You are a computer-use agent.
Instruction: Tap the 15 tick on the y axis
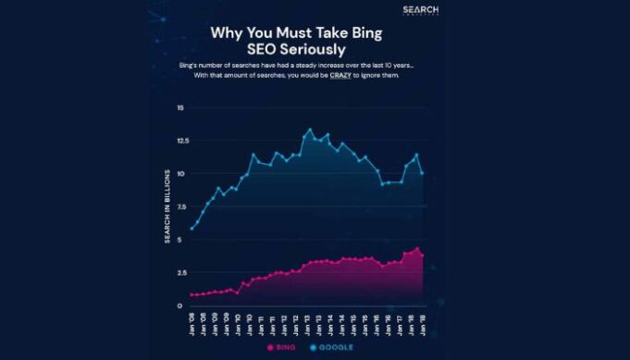pos(180,108)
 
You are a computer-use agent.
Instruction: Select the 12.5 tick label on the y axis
pos(179,141)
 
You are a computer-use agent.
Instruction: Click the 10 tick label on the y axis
pos(180,174)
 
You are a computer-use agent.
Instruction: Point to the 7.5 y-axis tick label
pos(179,206)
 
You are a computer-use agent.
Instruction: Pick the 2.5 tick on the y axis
pos(179,272)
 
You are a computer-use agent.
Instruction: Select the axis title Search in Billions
pos(167,206)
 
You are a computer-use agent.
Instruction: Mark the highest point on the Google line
pos(309,130)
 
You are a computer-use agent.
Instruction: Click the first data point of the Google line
pos(191,229)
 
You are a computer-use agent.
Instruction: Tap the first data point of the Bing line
pos(191,295)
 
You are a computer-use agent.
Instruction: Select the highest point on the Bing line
pos(418,248)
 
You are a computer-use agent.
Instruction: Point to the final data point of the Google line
pos(424,173)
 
